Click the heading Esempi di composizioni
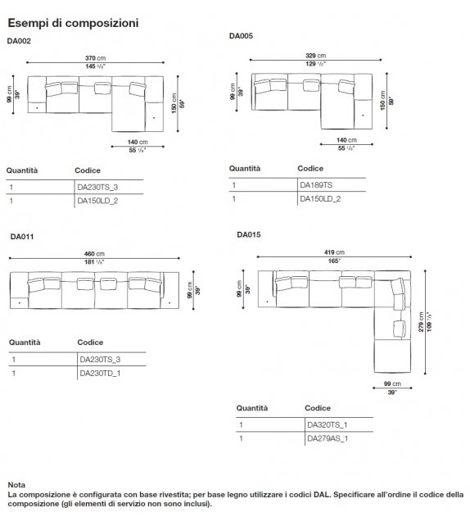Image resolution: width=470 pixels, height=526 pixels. coord(72,23)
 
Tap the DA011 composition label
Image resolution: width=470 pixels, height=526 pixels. coord(22,237)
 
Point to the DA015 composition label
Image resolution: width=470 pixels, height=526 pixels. coord(249,234)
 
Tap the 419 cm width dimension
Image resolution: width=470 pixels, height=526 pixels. coord(334,252)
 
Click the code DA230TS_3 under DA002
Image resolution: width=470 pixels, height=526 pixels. coord(97,187)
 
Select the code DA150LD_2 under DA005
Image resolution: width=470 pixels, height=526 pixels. coord(320,198)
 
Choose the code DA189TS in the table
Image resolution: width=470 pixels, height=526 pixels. coord(316,184)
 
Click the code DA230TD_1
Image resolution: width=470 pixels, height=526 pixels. coord(100,373)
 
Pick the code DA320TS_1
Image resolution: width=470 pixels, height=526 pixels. coord(328,424)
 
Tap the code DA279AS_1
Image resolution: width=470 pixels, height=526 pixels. coord(328,438)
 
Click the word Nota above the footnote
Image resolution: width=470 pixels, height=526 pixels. coord(16,485)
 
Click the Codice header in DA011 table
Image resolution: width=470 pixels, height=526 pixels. coord(90,342)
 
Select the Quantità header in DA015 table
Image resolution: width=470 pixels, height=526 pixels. coord(253,407)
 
